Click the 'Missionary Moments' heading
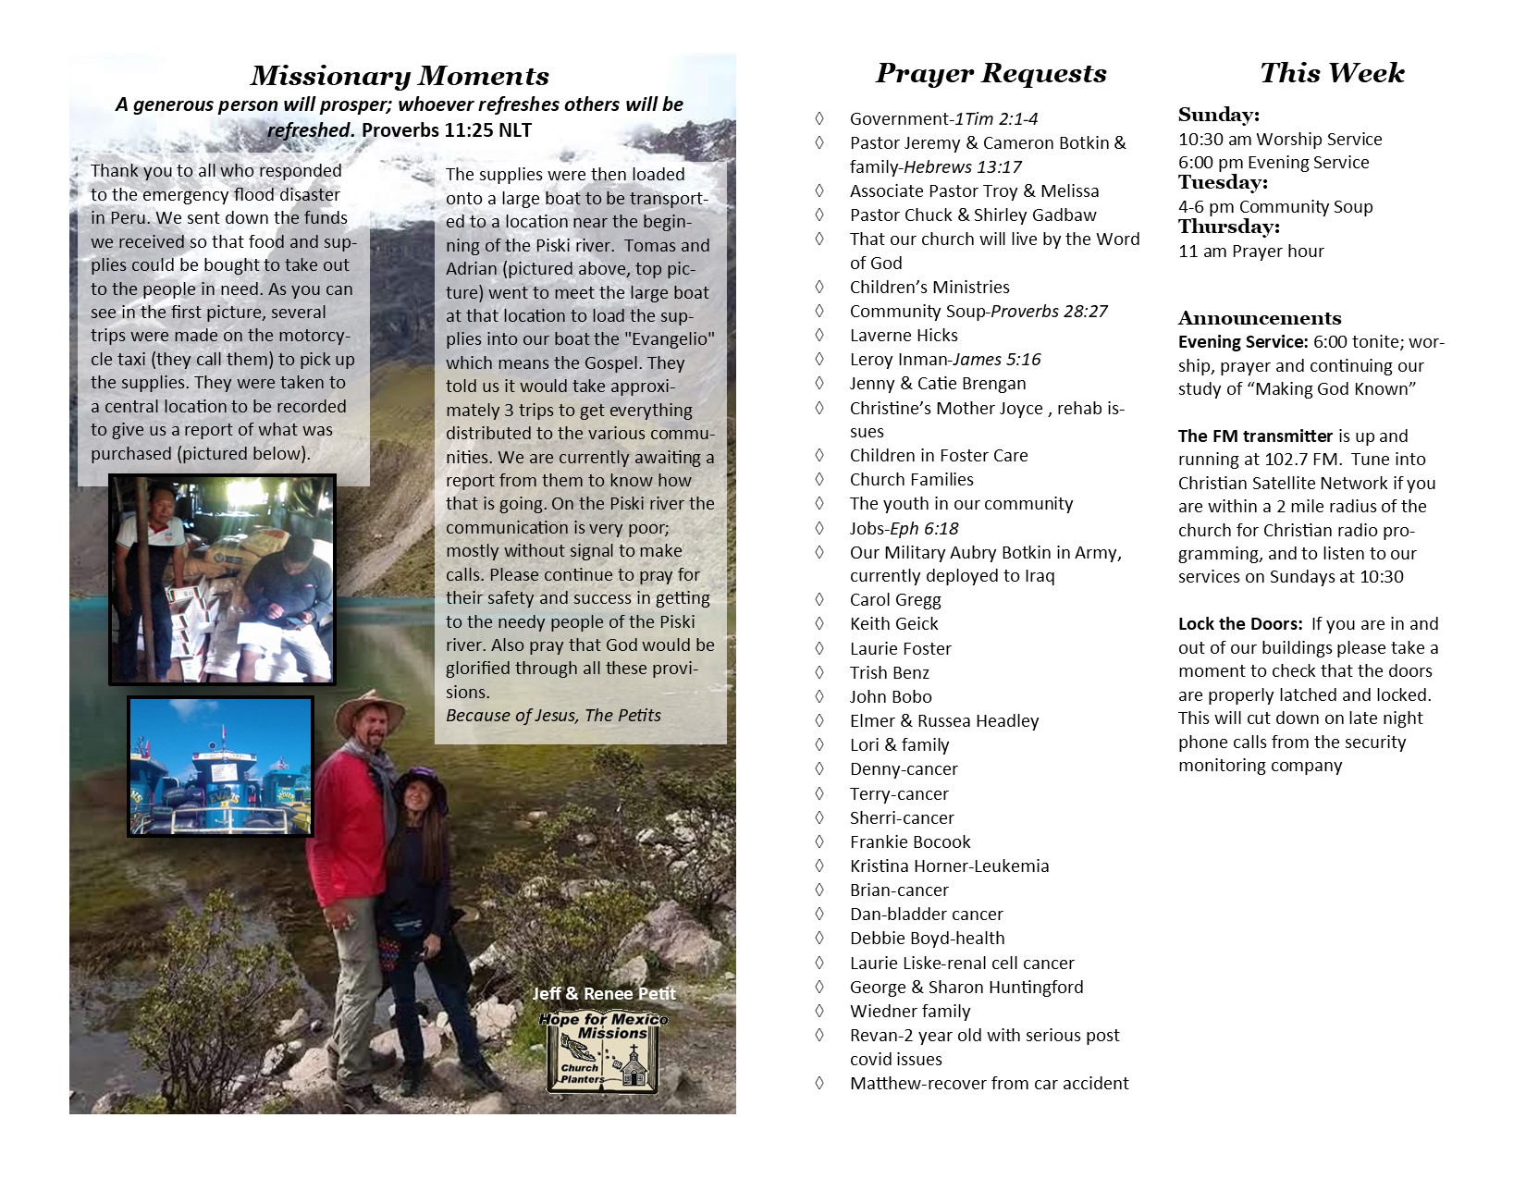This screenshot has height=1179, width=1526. [400, 76]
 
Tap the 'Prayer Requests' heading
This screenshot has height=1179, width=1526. [991, 74]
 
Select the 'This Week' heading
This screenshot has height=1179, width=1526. [1331, 73]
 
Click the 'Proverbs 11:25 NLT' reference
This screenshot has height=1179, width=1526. [446, 130]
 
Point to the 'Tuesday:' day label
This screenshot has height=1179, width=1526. [1223, 183]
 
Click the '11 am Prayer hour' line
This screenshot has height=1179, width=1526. [1250, 252]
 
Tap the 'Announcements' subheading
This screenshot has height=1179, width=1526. [1259, 318]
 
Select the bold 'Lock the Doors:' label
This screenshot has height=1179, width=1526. [1240, 624]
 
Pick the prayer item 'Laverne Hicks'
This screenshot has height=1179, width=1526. [904, 336]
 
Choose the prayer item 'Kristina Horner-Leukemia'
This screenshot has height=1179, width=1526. [949, 866]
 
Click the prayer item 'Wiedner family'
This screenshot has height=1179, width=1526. [910, 1012]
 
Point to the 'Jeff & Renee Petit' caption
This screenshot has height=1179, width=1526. [604, 994]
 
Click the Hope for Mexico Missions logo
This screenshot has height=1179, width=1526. [604, 1051]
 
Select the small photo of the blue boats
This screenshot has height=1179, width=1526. [220, 767]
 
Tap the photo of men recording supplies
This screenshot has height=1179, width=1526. [222, 579]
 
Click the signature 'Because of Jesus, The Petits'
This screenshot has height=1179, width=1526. [553, 716]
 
